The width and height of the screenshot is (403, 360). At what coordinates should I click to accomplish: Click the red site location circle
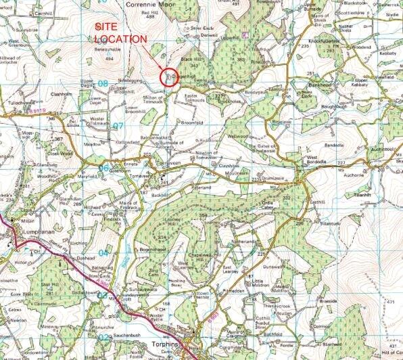point(168,76)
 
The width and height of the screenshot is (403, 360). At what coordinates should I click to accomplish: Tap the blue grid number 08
point(103,84)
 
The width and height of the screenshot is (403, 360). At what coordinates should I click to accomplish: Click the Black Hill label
point(189,59)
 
